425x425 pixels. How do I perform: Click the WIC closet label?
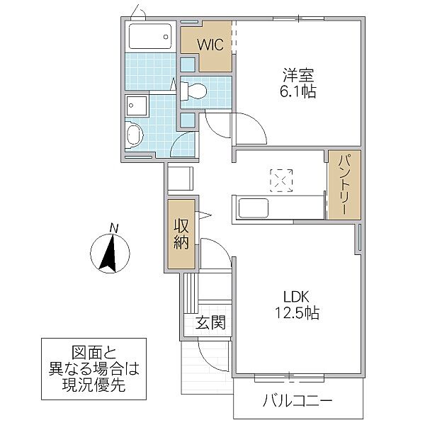210,45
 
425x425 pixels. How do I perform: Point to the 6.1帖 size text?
298,92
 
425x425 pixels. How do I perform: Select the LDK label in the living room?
298,295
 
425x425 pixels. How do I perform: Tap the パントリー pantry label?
344,184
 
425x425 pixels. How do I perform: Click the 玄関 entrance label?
210,324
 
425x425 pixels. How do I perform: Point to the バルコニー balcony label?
298,402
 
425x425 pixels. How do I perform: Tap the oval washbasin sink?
134,135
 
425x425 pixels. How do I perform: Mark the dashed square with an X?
281,179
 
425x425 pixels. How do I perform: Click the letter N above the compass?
113,227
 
